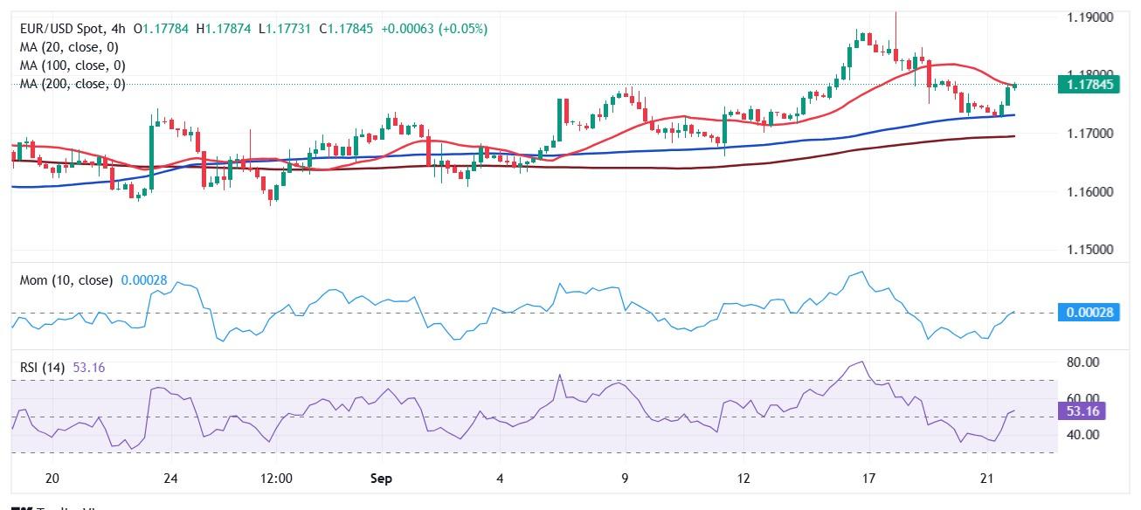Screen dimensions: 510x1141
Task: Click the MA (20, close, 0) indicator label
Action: [x=69, y=47]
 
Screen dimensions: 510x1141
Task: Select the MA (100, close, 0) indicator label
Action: [x=73, y=65]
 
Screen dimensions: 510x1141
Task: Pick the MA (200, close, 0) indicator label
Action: [x=73, y=84]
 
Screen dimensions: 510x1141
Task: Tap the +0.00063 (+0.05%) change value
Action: [x=434, y=29]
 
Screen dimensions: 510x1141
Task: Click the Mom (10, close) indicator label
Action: [x=66, y=280]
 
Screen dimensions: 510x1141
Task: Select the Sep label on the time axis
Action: [x=381, y=479]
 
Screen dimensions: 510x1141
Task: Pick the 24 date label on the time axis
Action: [x=170, y=479]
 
